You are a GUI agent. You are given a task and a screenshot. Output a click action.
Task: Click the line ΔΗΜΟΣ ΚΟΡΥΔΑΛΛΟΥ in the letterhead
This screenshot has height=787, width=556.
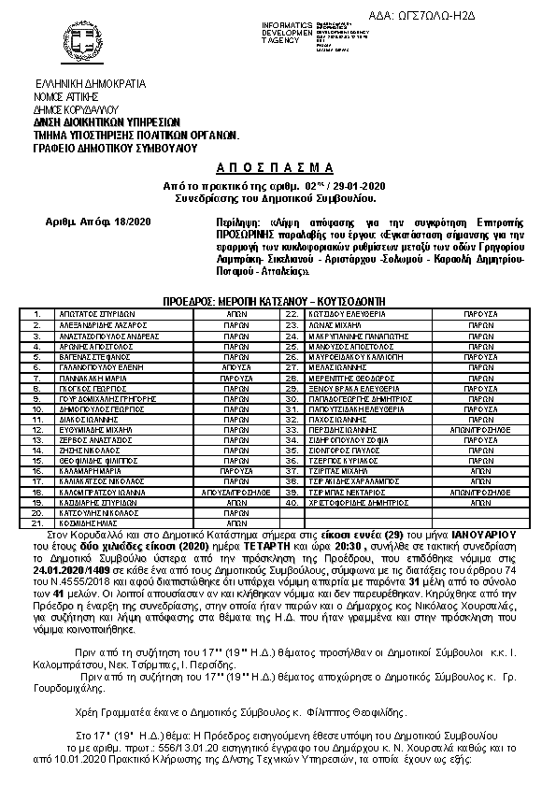[x=75, y=108]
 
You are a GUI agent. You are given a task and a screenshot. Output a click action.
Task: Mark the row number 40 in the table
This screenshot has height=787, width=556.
[x=291, y=501]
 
